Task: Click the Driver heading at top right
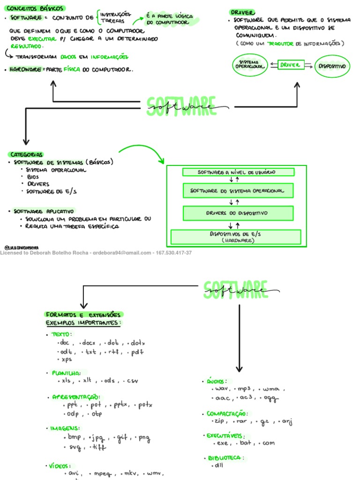(242, 12)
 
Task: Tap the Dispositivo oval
(332, 66)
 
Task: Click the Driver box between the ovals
(290, 65)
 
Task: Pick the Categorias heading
(26, 154)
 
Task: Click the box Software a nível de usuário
(238, 172)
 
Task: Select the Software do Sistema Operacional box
(238, 191)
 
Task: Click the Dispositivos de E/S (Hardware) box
(236, 236)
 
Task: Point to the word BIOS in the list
(33, 177)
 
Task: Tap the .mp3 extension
(245, 389)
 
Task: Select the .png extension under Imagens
(143, 438)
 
